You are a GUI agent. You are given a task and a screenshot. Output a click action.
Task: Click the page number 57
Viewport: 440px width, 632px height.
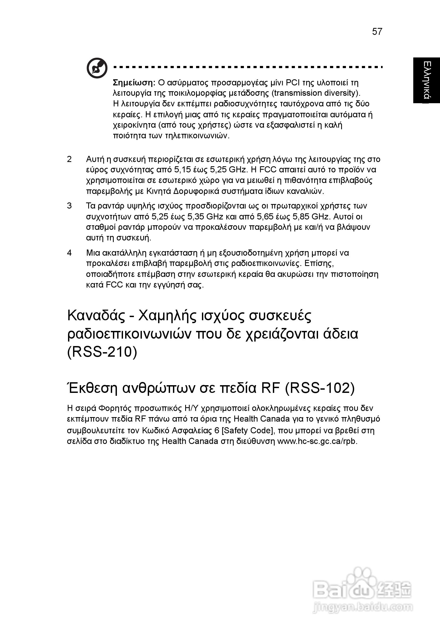click(x=377, y=32)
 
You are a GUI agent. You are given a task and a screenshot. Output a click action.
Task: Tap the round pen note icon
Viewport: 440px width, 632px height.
click(x=97, y=68)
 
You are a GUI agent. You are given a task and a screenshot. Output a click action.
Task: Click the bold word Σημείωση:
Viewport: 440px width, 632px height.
click(x=134, y=82)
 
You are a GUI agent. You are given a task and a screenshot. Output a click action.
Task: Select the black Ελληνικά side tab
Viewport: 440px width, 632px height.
click(x=426, y=80)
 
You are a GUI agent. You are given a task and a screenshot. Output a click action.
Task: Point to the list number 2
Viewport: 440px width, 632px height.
click(x=69, y=159)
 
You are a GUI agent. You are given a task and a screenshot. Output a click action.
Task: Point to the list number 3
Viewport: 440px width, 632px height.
click(x=69, y=206)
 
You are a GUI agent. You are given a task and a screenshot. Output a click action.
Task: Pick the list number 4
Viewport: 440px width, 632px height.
click(x=69, y=252)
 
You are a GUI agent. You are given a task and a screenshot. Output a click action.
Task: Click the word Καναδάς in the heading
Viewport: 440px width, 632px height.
click(x=96, y=316)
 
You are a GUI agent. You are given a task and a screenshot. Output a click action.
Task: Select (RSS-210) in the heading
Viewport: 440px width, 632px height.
click(x=102, y=352)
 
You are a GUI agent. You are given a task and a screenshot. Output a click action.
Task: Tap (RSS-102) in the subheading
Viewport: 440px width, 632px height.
click(x=320, y=388)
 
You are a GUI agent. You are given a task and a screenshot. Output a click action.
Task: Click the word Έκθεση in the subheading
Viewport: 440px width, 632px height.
click(x=92, y=388)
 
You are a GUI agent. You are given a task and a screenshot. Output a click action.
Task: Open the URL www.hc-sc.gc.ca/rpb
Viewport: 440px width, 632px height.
click(x=317, y=441)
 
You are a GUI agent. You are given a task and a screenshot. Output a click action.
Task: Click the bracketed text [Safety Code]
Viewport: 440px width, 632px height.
click(x=246, y=430)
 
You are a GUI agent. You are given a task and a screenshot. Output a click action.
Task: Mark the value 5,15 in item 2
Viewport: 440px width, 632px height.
click(x=182, y=170)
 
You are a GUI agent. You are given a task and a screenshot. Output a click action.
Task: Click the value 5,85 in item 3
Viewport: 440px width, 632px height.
click(x=301, y=217)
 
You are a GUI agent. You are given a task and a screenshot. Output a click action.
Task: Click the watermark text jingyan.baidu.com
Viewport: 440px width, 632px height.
click(x=363, y=607)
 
